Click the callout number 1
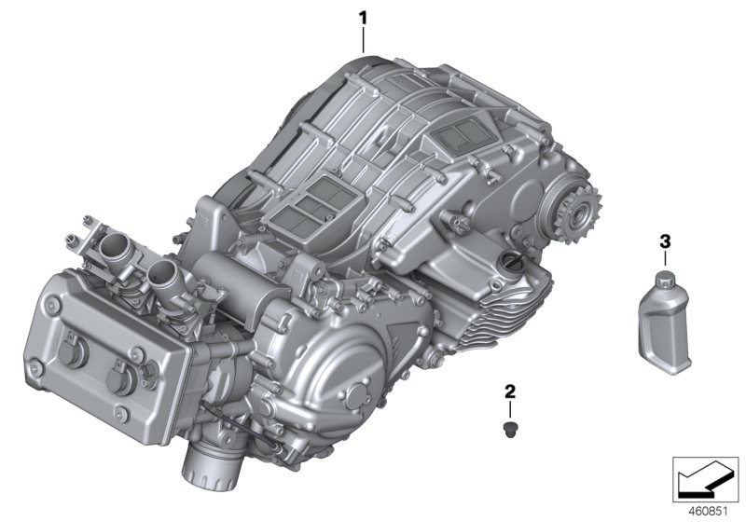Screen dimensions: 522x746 click(x=363, y=17)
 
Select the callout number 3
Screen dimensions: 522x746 click(x=665, y=241)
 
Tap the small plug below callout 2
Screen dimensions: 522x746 click(x=510, y=428)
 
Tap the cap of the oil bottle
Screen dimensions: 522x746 click(x=665, y=277)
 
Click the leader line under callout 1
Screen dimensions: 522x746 click(x=363, y=39)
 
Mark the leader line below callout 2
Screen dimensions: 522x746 click(x=510, y=410)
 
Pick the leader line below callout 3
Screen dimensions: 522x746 click(x=665, y=259)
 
